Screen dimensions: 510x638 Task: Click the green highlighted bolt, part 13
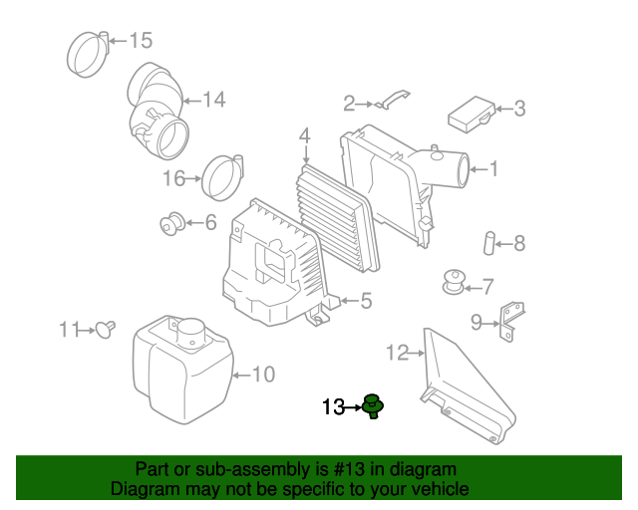click(375, 405)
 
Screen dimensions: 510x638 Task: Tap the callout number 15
click(141, 41)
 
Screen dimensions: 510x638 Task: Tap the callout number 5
click(365, 300)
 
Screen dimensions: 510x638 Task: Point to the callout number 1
click(492, 169)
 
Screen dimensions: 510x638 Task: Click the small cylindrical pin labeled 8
click(489, 242)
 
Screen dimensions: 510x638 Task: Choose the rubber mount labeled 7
click(455, 281)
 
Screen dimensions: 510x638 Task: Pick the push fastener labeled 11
click(105, 329)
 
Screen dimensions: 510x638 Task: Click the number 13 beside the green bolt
click(332, 406)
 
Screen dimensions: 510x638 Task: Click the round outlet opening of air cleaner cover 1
click(462, 168)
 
